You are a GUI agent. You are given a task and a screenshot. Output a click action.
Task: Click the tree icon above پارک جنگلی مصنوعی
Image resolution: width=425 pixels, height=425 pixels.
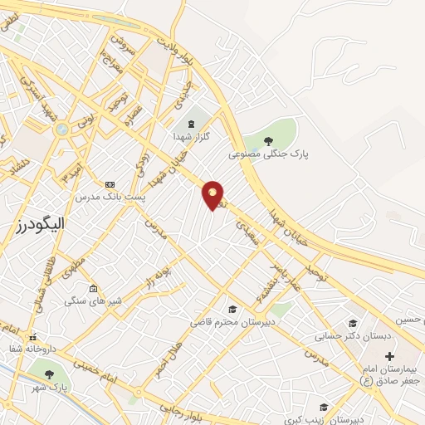tap(268, 139)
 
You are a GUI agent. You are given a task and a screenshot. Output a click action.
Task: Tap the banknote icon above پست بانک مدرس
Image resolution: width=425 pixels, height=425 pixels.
tap(109, 183)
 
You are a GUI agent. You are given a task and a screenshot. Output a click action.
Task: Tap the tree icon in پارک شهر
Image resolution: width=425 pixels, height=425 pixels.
tap(49, 374)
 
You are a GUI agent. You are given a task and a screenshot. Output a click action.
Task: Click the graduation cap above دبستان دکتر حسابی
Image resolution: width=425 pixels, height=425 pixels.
tap(352, 323)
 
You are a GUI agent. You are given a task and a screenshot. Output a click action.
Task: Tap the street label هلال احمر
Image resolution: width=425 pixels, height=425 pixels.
tap(168, 357)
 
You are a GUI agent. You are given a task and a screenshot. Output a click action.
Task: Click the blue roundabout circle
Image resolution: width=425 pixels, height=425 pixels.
tap(61, 129)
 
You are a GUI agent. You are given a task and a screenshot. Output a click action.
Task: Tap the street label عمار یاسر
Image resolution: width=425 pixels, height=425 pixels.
tap(283, 275)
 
